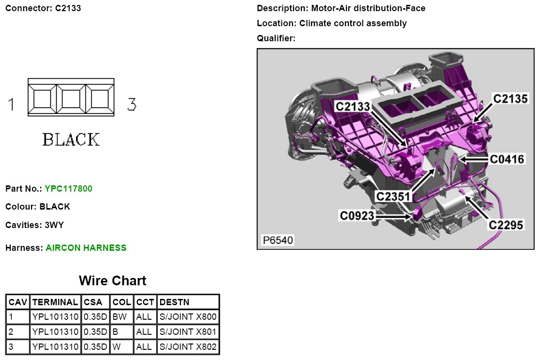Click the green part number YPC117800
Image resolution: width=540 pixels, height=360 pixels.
click(x=68, y=188)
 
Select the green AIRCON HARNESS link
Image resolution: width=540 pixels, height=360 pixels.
click(x=86, y=248)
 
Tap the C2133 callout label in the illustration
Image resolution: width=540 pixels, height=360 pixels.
click(x=353, y=106)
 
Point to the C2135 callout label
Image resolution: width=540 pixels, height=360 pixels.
click(x=510, y=99)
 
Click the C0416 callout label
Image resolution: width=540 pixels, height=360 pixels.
click(x=507, y=159)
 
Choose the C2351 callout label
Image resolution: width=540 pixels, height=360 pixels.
click(x=394, y=196)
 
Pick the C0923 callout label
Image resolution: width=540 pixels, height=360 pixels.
click(x=357, y=215)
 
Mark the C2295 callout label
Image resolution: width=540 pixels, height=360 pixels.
click(x=506, y=225)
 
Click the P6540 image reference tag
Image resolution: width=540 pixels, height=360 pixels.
click(x=278, y=240)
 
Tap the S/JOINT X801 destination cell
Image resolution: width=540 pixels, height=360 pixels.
click(x=188, y=332)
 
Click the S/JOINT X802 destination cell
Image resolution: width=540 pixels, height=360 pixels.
click(x=188, y=347)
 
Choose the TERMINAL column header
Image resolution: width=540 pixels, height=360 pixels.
click(x=55, y=302)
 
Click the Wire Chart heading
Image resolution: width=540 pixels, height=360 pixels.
click(x=112, y=281)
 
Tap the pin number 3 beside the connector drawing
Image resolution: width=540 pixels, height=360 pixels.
click(x=131, y=104)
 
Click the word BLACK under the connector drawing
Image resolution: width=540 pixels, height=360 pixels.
click(x=71, y=140)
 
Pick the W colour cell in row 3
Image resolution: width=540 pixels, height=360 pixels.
click(x=116, y=347)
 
